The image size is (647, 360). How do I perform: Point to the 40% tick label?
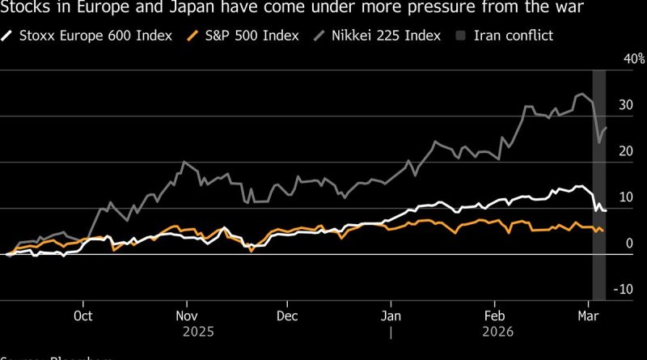[611, 59]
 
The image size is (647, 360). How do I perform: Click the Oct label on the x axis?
[83, 317]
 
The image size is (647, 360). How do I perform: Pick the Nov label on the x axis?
[187, 317]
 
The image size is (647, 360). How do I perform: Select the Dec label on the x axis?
[286, 317]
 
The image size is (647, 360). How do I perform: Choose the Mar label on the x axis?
[587, 317]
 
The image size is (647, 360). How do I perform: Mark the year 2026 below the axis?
[493, 332]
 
